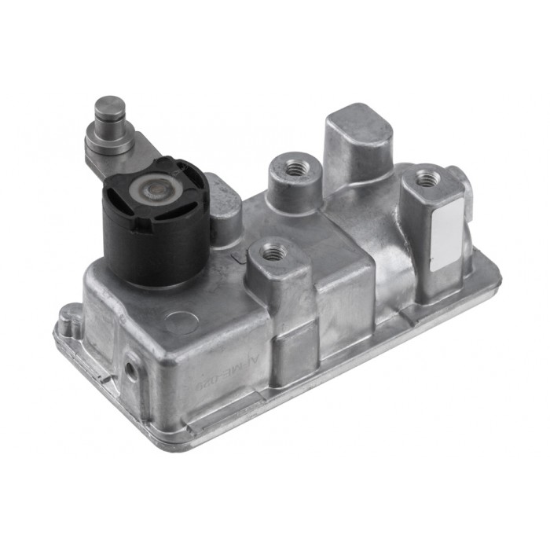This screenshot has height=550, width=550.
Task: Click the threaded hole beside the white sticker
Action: click(x=427, y=178)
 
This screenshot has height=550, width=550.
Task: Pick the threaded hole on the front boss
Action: click(x=273, y=252)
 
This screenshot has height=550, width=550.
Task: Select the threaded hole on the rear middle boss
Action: click(x=295, y=167)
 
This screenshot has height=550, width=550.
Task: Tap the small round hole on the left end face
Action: click(x=128, y=368)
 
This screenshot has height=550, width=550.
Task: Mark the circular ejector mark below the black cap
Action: click(x=182, y=323)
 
